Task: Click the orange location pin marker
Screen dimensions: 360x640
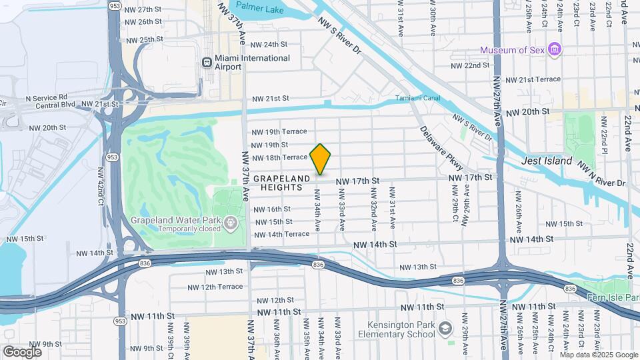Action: (321, 159)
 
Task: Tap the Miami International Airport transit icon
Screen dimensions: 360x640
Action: (207, 63)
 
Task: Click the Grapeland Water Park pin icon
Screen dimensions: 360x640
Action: (231, 222)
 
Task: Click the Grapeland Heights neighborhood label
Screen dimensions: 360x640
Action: (281, 183)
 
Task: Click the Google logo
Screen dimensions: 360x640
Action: (22, 351)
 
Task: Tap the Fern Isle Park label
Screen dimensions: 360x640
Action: (614, 297)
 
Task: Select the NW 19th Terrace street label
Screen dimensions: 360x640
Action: (279, 132)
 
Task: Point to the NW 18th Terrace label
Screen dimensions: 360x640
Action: (279, 157)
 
